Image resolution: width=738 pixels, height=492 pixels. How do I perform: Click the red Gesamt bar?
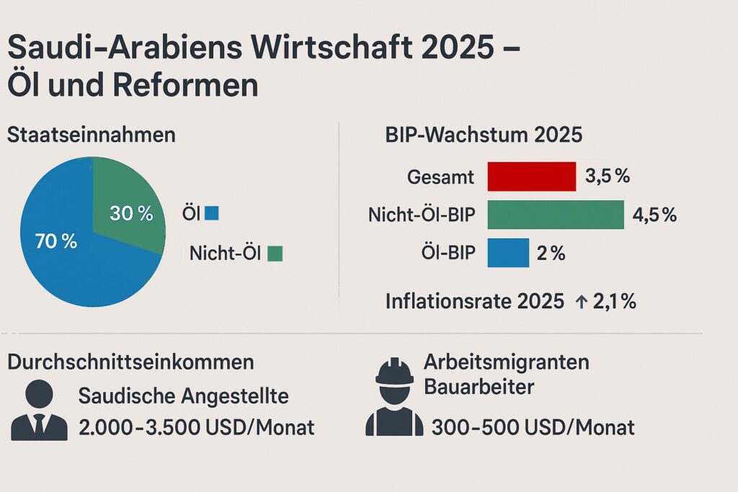point(532,176)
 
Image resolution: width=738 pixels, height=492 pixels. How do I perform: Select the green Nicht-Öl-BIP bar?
point(555,215)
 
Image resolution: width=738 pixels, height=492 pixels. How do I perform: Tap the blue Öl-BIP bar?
point(508,253)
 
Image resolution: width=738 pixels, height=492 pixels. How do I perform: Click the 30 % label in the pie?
point(131,213)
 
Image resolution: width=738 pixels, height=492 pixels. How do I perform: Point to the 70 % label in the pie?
point(56,242)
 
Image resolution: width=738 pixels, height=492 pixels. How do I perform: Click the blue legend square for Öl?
point(211,213)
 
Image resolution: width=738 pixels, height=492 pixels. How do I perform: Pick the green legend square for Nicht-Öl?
point(275,254)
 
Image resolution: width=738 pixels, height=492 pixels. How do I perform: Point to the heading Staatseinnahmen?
point(91,135)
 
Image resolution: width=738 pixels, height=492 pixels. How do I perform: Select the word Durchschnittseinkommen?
point(130,362)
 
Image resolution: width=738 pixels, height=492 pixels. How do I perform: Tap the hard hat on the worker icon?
point(394,372)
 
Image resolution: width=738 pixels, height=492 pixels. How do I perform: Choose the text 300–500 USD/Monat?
point(533,427)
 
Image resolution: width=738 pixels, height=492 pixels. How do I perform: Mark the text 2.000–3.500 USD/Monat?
point(196,427)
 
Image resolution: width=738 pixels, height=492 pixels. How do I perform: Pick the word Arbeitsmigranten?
point(506,362)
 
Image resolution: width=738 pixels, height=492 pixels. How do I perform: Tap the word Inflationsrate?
point(449,302)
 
